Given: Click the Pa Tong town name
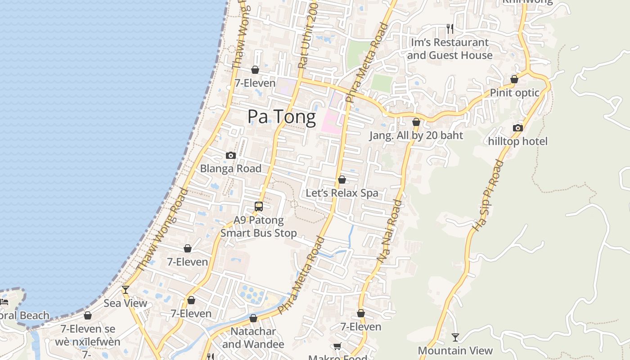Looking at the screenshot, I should [x=282, y=117].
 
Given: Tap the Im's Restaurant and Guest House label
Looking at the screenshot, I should [x=450, y=49].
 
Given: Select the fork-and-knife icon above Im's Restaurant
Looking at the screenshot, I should [x=450, y=29].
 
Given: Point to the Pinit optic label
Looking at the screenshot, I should [x=514, y=93].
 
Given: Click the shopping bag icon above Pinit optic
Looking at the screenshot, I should [x=514, y=79].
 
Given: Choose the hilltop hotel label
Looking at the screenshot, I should [x=518, y=141].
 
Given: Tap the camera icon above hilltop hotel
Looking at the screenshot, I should [x=518, y=128].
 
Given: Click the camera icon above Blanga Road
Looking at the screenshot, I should [x=230, y=156].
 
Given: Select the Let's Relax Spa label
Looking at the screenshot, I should [x=342, y=193].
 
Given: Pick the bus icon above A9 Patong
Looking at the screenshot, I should [x=259, y=207].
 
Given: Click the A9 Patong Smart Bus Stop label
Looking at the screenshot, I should [x=259, y=227].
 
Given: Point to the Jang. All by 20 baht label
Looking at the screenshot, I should [x=416, y=135].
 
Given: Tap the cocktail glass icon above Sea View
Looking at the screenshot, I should [x=126, y=289].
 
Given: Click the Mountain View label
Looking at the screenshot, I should [x=455, y=351].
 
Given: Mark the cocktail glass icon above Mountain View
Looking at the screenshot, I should [x=455, y=337].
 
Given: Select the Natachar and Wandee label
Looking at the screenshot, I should [x=253, y=338].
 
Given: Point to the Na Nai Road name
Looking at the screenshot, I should [x=390, y=230].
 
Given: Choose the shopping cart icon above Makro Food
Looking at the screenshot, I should [x=337, y=346].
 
